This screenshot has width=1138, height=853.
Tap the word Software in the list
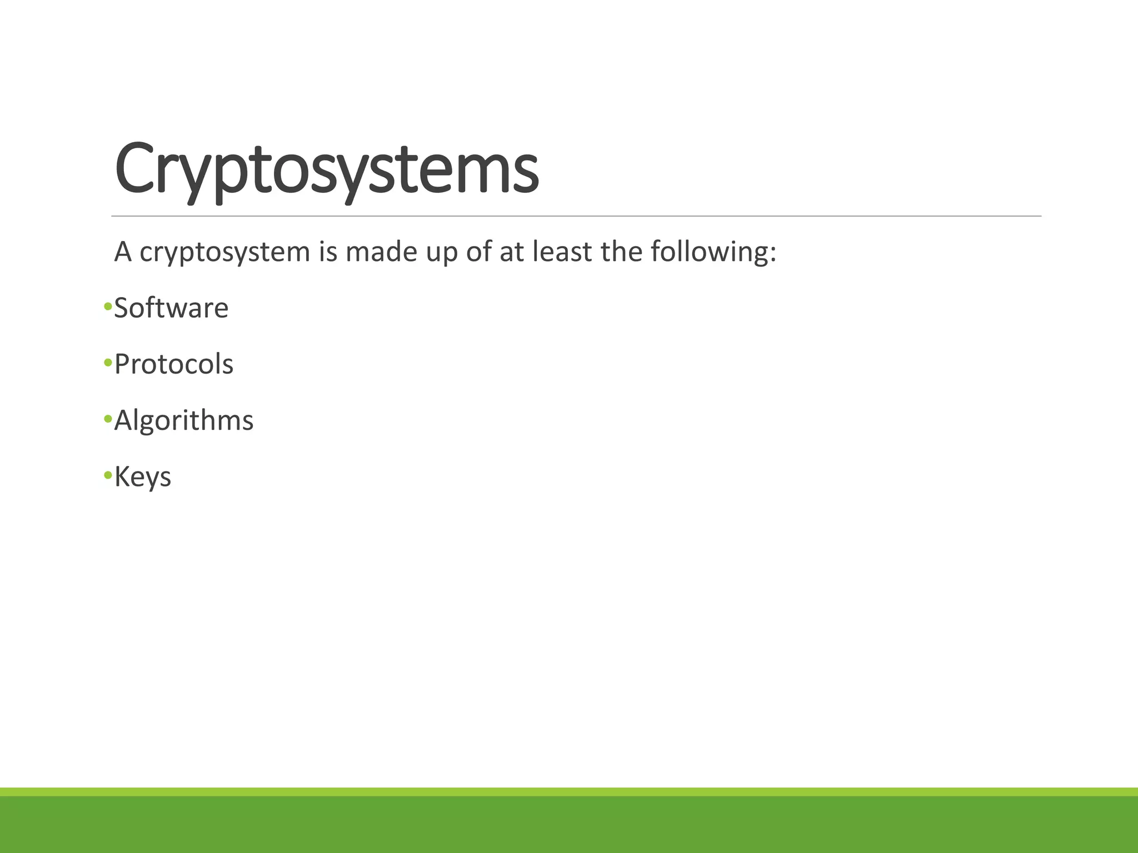[x=171, y=308]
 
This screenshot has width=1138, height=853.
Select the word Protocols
[x=174, y=364]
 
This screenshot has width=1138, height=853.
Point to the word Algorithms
[x=184, y=420]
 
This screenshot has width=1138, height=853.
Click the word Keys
[x=143, y=477]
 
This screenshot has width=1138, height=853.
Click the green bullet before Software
[x=108, y=307]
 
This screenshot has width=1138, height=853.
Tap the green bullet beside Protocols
[x=108, y=363]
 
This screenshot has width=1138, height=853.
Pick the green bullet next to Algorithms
[x=108, y=419]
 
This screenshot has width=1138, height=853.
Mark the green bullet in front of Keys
[x=108, y=475]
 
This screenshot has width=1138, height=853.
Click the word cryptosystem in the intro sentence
[x=224, y=253]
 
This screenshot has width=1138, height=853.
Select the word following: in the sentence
[x=713, y=253]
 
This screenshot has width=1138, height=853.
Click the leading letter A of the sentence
[x=123, y=252]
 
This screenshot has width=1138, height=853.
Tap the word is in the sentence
[x=328, y=252]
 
